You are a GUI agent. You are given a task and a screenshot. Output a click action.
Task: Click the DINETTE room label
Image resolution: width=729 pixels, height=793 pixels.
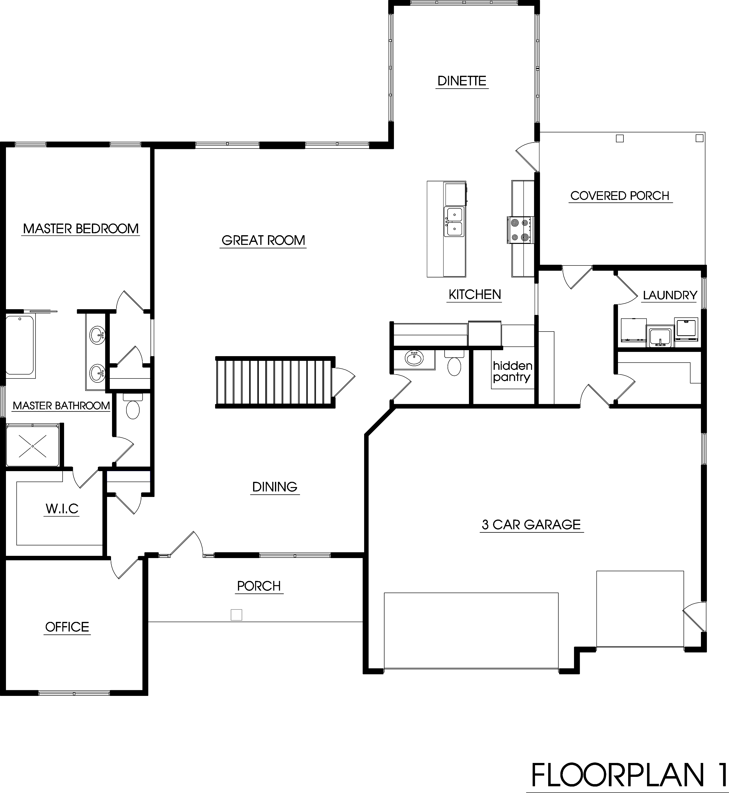pos(462,81)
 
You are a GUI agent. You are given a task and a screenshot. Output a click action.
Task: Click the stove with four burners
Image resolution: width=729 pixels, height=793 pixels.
pos(519,230)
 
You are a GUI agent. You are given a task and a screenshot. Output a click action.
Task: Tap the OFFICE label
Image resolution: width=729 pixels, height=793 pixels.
pos(67,627)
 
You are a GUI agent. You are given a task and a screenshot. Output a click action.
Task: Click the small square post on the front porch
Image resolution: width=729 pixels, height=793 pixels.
pos(236,615)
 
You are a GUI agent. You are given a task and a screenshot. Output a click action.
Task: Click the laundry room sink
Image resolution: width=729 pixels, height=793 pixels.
pos(659,337)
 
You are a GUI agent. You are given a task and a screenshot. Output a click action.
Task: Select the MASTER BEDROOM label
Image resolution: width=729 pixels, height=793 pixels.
pos(81,228)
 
